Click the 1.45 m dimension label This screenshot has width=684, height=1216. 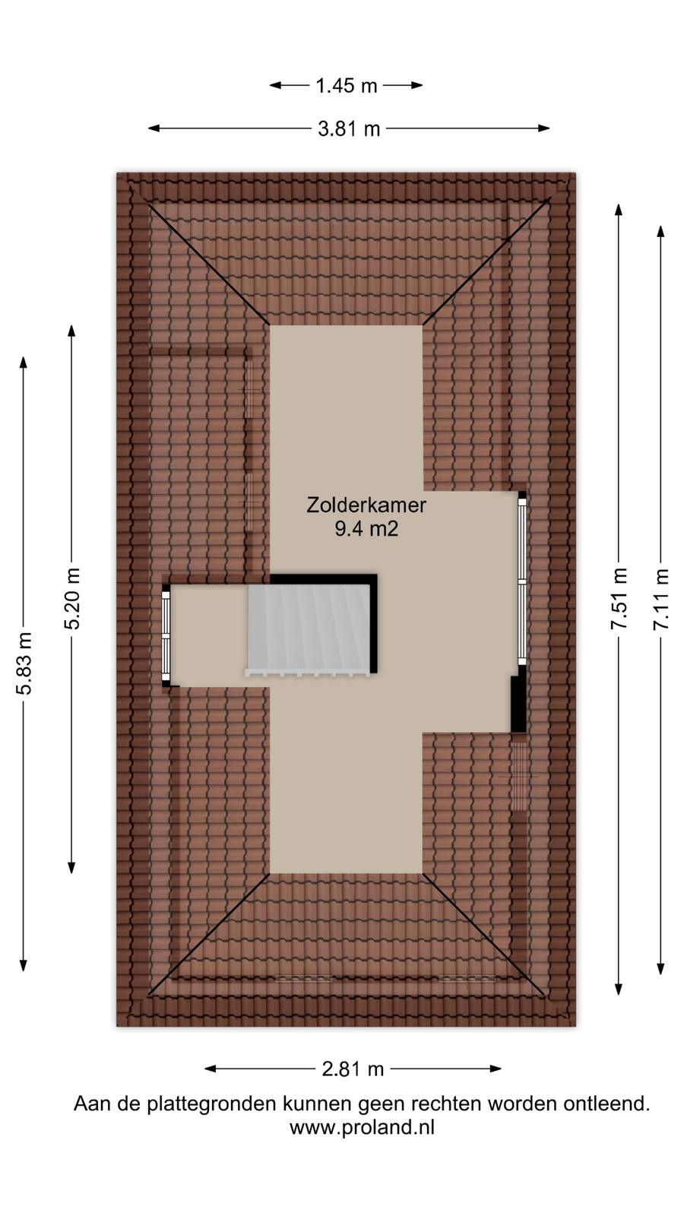pyautogui.click(x=347, y=86)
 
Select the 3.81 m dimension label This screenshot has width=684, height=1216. pyautogui.click(x=349, y=129)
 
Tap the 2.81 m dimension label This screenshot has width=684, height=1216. pyautogui.click(x=353, y=1069)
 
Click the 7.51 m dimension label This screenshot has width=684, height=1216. pyautogui.click(x=619, y=599)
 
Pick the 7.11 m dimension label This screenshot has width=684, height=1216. pyautogui.click(x=660, y=600)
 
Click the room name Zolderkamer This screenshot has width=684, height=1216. pyautogui.click(x=366, y=505)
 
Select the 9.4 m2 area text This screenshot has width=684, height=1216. pyautogui.click(x=366, y=529)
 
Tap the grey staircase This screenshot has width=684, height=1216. pyautogui.click(x=309, y=629)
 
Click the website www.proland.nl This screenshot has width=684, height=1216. pyautogui.click(x=362, y=1128)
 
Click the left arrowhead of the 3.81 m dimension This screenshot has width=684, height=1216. pyautogui.click(x=154, y=128)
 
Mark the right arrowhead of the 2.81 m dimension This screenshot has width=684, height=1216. pyautogui.click(x=496, y=1069)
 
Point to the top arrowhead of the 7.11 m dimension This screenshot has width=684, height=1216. pyautogui.click(x=660, y=231)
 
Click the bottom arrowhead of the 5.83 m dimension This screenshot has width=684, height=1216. pyautogui.click(x=24, y=964)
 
